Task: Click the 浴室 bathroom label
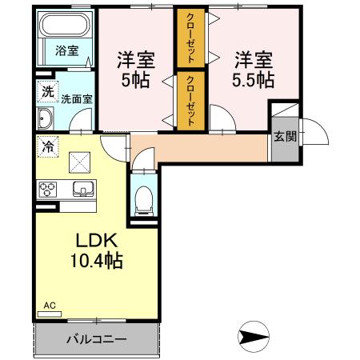coord(66,50)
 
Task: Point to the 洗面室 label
coord(78,99)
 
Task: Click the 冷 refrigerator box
coord(47,147)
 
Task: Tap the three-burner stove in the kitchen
coord(47,190)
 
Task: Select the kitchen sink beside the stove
coord(82,190)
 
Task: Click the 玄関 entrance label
coord(284,135)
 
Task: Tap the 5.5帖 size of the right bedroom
coord(253,80)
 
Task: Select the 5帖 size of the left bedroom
coord(134,80)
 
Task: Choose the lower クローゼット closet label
coord(190,99)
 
